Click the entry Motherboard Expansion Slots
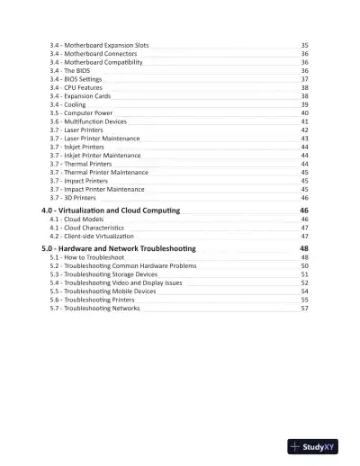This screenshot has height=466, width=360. click(100, 45)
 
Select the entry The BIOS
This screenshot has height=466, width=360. click(73, 70)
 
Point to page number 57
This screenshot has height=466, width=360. click(305, 309)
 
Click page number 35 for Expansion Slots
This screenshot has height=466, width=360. click(305, 45)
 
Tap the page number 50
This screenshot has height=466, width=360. click(305, 266)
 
